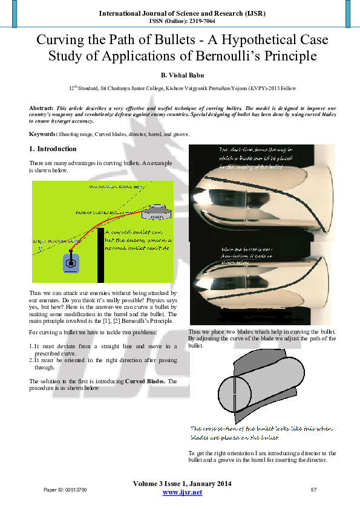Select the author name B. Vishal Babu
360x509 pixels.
click(180, 75)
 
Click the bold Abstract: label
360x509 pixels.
click(41, 108)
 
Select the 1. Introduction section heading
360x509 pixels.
click(53, 149)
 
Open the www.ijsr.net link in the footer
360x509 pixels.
click(183, 493)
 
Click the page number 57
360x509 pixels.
click(313, 488)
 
